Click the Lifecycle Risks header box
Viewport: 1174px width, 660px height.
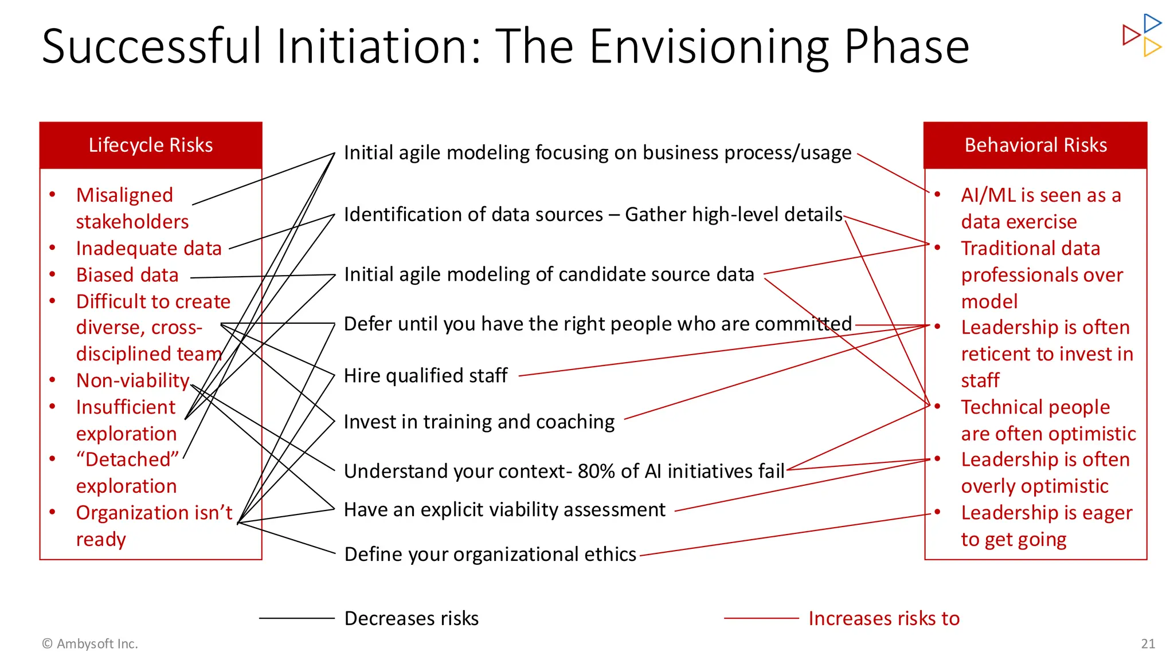pos(151,146)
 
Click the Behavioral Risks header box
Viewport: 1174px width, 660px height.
pos(1035,146)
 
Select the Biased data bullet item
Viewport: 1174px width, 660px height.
pos(127,275)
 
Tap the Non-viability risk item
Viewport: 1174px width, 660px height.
pos(132,380)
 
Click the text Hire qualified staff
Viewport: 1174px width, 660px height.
pos(425,376)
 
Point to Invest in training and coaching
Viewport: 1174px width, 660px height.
pos(479,422)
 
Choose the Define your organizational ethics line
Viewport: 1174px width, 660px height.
pos(490,555)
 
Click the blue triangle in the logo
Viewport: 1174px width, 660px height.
pos(1152,23)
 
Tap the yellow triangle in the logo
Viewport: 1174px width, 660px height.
pos(1152,47)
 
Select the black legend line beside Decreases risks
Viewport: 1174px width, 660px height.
pos(296,618)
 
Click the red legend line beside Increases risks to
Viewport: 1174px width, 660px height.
pos(761,618)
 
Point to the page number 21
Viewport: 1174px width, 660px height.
pos(1148,644)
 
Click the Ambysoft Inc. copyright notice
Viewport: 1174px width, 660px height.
pos(90,644)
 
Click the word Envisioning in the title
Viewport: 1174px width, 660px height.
pos(709,47)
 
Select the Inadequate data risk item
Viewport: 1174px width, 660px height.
pos(148,249)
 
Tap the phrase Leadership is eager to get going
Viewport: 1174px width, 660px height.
pos(1046,526)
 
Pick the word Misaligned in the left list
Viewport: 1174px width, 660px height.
pos(124,195)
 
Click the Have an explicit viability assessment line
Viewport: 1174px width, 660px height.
pos(504,510)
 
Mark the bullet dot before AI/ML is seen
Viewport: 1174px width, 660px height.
pos(937,195)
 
